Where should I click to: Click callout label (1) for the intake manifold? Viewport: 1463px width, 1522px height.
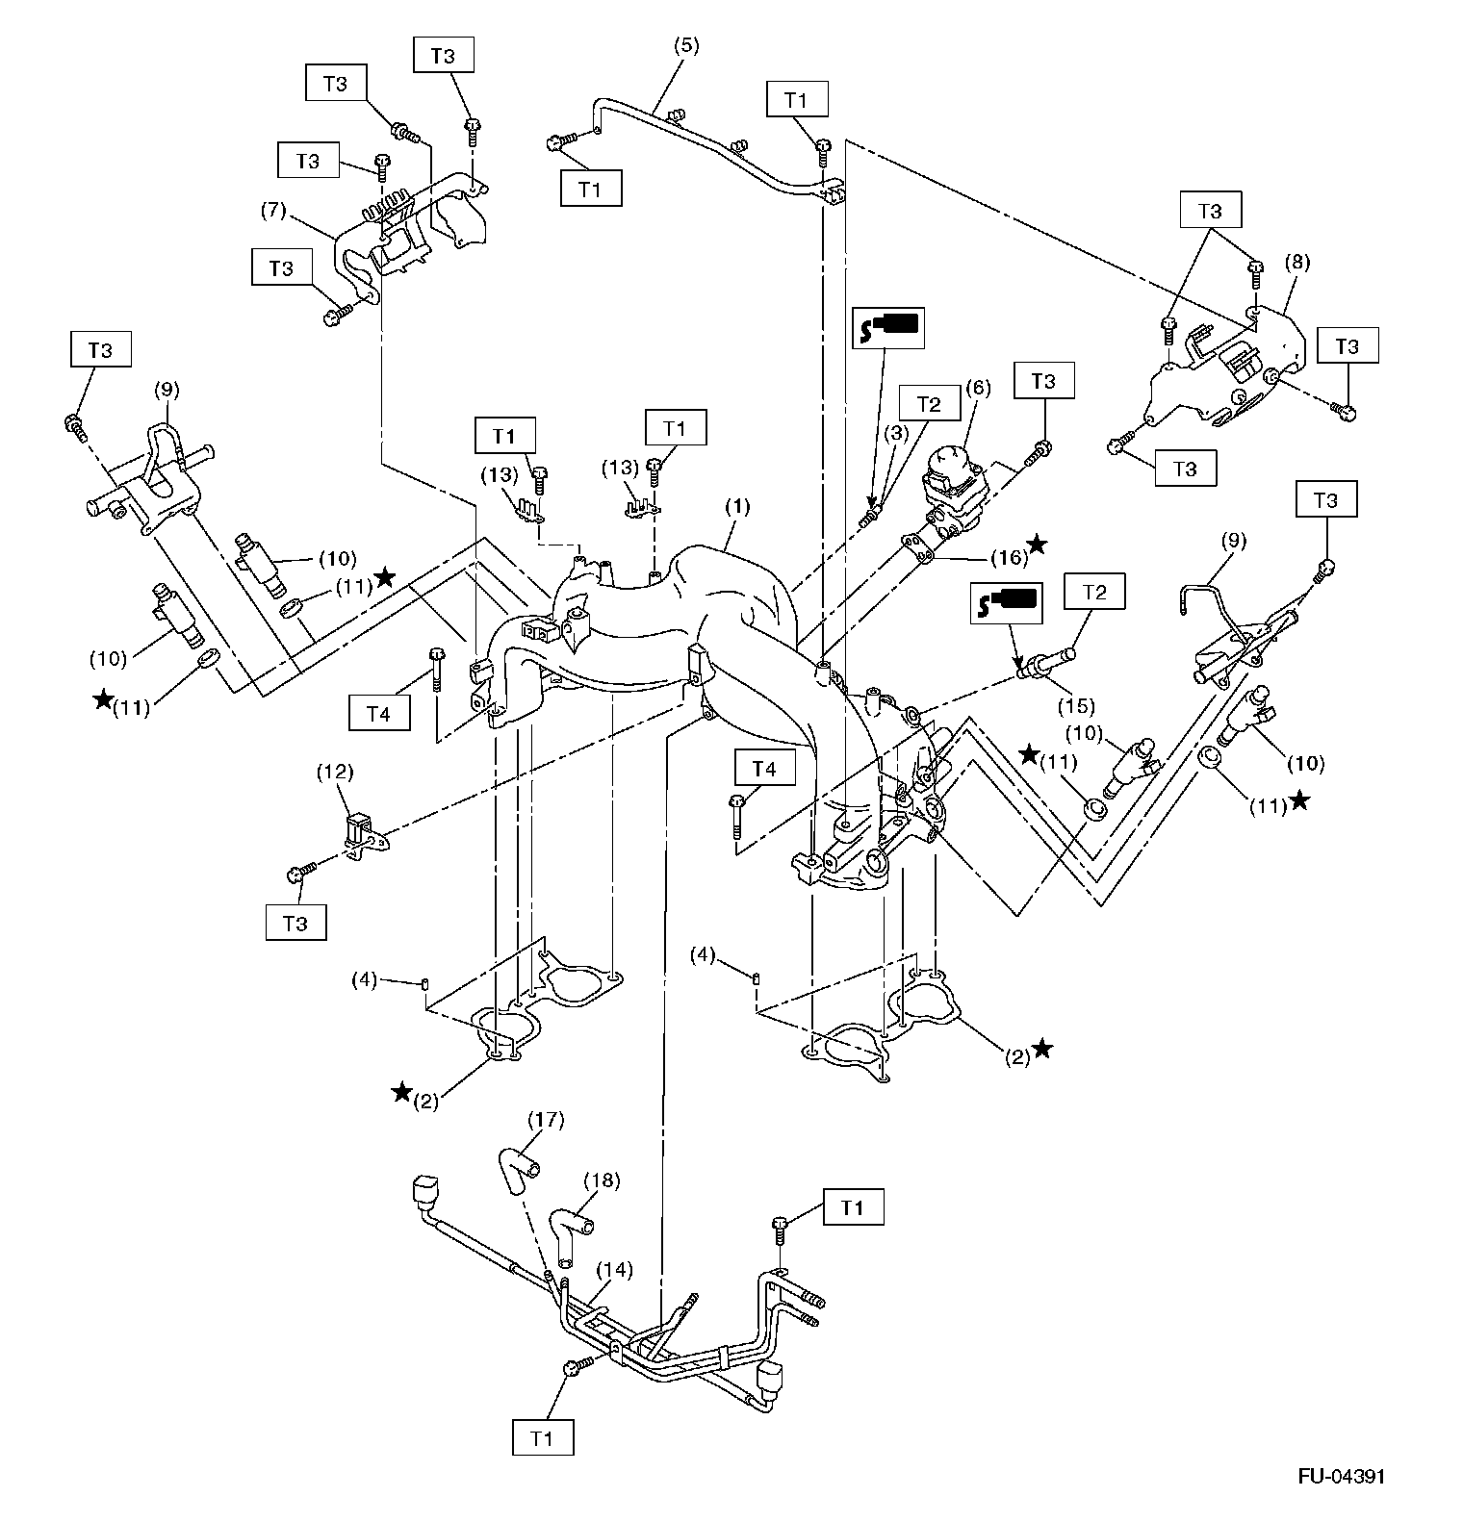[739, 504]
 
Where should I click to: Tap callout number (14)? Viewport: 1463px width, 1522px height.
[616, 1270]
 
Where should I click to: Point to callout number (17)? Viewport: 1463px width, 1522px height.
[547, 1119]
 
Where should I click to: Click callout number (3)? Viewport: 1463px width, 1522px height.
[897, 434]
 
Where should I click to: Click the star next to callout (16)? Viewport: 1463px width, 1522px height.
[1037, 545]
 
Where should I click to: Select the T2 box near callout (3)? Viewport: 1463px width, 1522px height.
[931, 404]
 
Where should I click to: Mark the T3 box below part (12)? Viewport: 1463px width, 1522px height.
[295, 923]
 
